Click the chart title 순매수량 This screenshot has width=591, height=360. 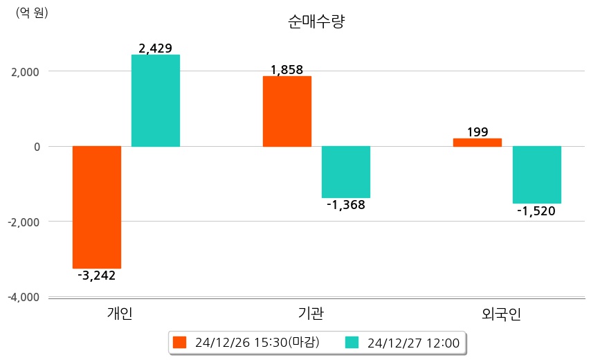[316, 22]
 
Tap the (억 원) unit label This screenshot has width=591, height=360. [32, 12]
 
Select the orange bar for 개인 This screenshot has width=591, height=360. [97, 207]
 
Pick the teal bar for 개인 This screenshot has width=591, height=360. [156, 100]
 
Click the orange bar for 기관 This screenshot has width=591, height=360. [287, 111]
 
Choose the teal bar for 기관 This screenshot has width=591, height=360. [346, 172]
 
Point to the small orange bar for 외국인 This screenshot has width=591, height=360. [478, 143]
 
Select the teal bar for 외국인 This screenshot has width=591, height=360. [536, 174]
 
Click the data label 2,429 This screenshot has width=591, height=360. [156, 48]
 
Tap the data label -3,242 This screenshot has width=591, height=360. [96, 276]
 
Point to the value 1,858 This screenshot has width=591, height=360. [287, 70]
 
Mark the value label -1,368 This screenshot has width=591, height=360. [345, 205]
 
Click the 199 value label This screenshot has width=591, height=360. [478, 132]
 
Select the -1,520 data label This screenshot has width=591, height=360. [536, 210]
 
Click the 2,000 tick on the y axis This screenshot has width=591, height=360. [24, 71]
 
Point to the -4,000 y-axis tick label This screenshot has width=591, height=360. [22, 297]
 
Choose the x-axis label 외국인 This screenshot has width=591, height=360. [501, 314]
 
